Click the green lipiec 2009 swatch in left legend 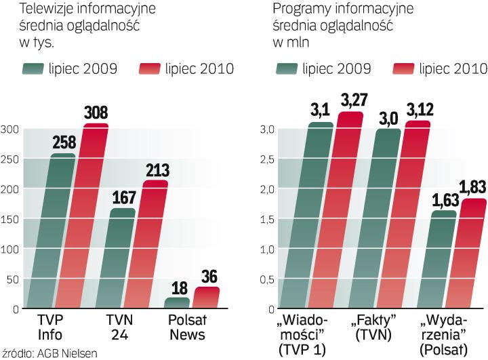(33, 68)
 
